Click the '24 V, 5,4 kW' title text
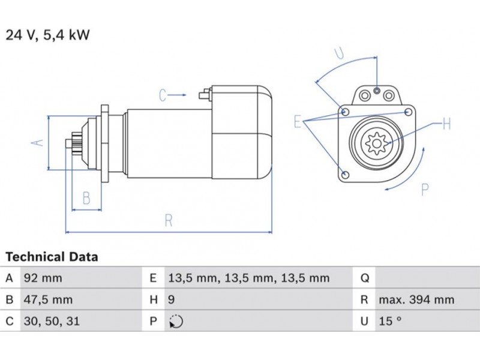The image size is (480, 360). [47, 35]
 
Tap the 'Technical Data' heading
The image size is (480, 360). [52, 257]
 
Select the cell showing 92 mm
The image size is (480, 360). [43, 278]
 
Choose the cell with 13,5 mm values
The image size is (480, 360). [248, 278]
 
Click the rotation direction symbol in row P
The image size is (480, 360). [176, 322]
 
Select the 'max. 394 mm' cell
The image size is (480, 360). [416, 299]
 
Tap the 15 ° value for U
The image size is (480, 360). [389, 321]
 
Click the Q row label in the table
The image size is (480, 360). [364, 278]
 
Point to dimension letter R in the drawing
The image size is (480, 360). [169, 220]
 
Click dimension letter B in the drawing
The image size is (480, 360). [86, 197]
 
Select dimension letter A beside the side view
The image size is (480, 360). [37, 143]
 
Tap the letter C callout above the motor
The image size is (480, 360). [163, 95]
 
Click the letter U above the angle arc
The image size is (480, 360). [340, 53]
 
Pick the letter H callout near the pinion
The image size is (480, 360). [446, 124]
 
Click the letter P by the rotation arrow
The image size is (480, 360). [425, 190]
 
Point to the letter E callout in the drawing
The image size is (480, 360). [297, 122]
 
